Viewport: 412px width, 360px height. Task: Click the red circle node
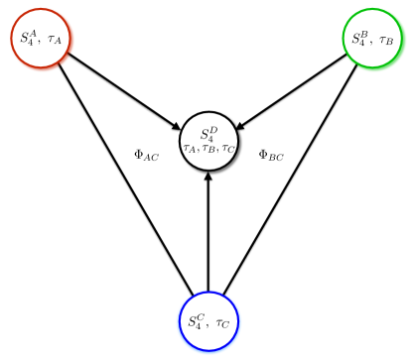point(41,39)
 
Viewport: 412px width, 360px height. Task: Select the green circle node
point(373,39)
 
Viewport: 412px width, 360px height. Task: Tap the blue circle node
point(207,321)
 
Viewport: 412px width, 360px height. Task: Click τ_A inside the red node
point(54,40)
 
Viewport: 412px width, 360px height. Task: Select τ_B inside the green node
point(386,40)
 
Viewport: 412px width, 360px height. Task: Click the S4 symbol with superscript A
point(28,38)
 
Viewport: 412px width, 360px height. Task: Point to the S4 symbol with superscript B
point(360,38)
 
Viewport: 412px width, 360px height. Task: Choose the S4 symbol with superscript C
point(196,321)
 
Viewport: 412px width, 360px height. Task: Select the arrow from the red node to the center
point(124,90)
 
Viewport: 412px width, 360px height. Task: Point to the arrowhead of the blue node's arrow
point(207,177)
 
